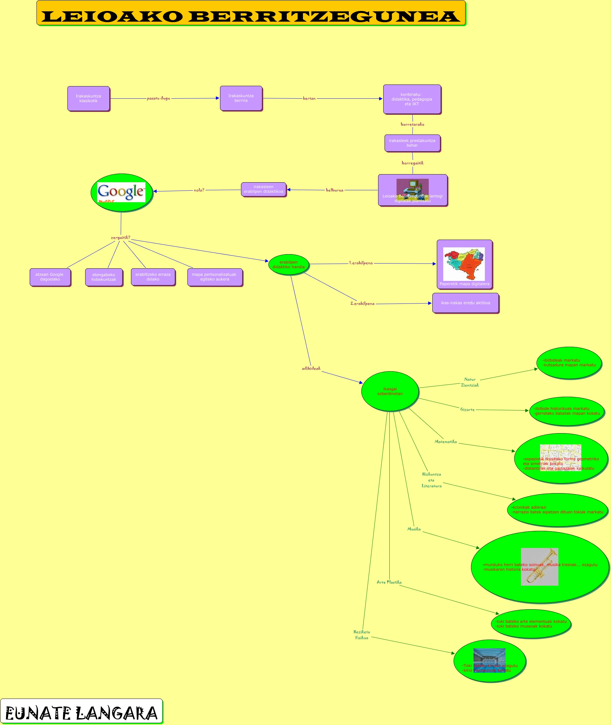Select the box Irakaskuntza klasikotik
(x=89, y=99)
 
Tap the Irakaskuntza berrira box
(x=241, y=98)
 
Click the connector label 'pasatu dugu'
(x=158, y=98)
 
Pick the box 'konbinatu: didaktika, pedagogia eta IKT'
(x=412, y=99)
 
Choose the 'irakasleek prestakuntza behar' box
(x=412, y=143)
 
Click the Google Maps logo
(x=121, y=192)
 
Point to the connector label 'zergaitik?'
(x=121, y=237)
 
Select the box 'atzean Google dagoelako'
(x=50, y=277)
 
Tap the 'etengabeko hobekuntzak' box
(x=104, y=277)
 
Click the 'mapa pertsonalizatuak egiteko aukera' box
(x=215, y=277)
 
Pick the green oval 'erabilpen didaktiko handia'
(x=288, y=264)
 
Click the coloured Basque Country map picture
(x=464, y=264)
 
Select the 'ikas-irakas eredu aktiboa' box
(x=465, y=303)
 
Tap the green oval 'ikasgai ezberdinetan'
(x=390, y=391)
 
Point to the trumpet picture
(x=539, y=567)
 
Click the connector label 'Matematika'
(x=446, y=442)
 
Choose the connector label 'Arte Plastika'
(x=389, y=582)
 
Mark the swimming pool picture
(x=489, y=660)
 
